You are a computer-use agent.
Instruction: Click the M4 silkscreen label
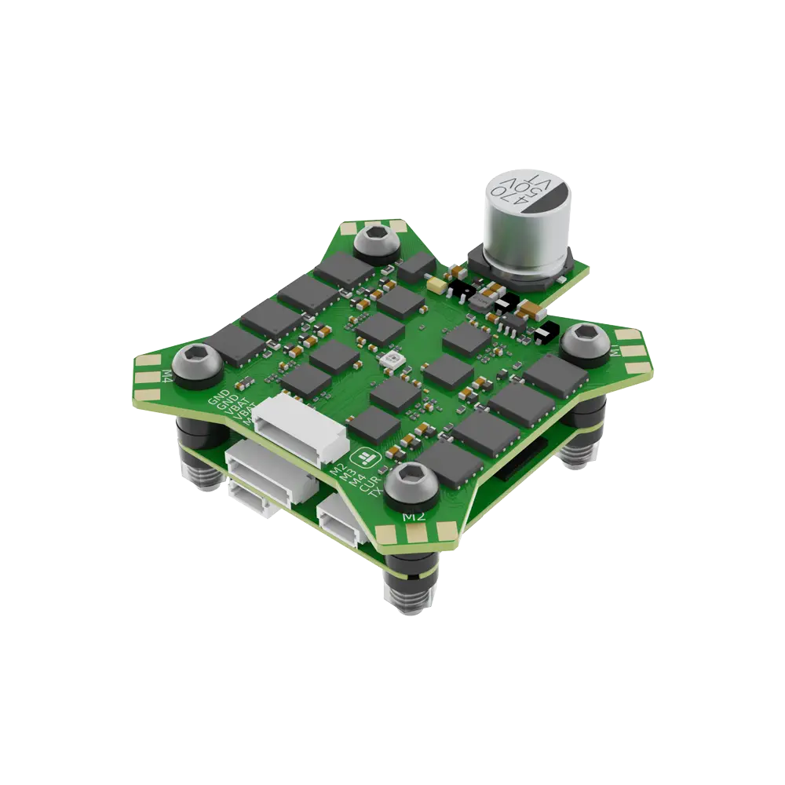point(167,375)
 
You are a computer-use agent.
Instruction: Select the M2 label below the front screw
point(413,517)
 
